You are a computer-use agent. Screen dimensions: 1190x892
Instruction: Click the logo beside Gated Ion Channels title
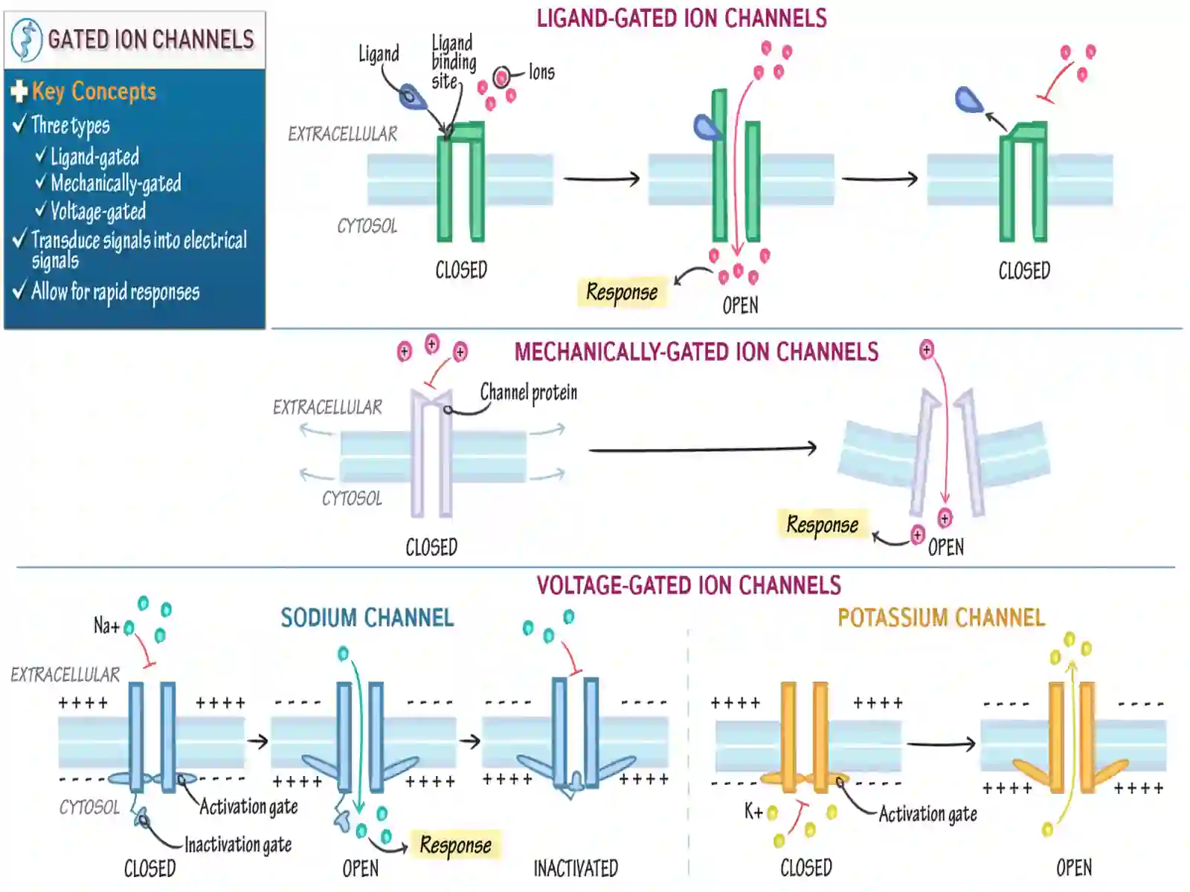[x=27, y=39]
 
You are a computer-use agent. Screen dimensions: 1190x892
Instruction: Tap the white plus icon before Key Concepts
[x=19, y=91]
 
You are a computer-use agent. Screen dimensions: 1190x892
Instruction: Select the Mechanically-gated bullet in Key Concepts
[x=115, y=184]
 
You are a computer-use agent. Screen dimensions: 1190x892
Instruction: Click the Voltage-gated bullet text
[x=98, y=211]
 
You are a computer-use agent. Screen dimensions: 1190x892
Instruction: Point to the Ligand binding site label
[x=453, y=62]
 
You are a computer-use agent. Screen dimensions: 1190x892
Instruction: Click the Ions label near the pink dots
[x=541, y=72]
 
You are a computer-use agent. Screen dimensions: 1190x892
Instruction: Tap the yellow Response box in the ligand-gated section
[x=622, y=292]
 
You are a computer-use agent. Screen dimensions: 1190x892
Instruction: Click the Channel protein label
[x=529, y=393]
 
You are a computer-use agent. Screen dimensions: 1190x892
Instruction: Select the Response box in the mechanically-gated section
[x=823, y=524]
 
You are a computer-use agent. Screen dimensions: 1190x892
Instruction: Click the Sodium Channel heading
[x=367, y=618]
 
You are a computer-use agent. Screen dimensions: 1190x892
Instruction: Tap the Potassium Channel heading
[x=941, y=618]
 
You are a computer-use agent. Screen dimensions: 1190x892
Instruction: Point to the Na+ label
[x=106, y=626]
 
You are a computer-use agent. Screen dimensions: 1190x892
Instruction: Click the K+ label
[x=753, y=811]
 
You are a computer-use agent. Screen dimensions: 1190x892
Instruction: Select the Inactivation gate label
[x=238, y=845]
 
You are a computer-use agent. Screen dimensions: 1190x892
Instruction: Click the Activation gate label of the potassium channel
[x=927, y=814]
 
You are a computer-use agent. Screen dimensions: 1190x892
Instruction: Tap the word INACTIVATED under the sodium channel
[x=576, y=869]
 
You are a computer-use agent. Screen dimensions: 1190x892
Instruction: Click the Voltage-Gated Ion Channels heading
[x=689, y=586]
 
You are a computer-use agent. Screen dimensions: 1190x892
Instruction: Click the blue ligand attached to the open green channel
[x=707, y=128]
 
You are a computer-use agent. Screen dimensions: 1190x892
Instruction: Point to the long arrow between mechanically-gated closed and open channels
[x=703, y=449]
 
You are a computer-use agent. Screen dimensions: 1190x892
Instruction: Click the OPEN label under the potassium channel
[x=1074, y=868]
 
